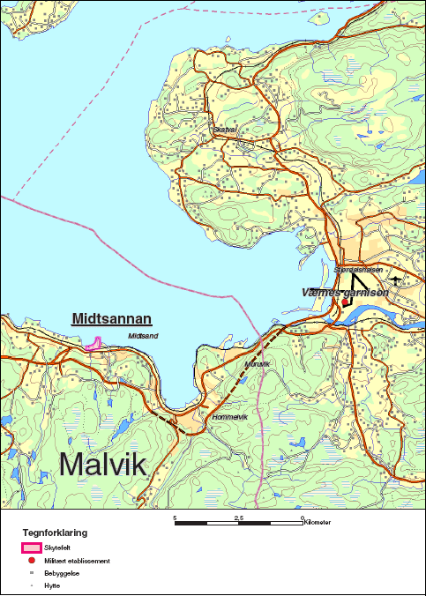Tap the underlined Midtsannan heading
(112, 319)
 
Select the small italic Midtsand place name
(143, 336)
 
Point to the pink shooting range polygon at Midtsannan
(93, 346)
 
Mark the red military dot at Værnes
(346, 302)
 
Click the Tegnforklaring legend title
(54, 533)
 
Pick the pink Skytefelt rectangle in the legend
(32, 548)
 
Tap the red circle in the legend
(32, 560)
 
